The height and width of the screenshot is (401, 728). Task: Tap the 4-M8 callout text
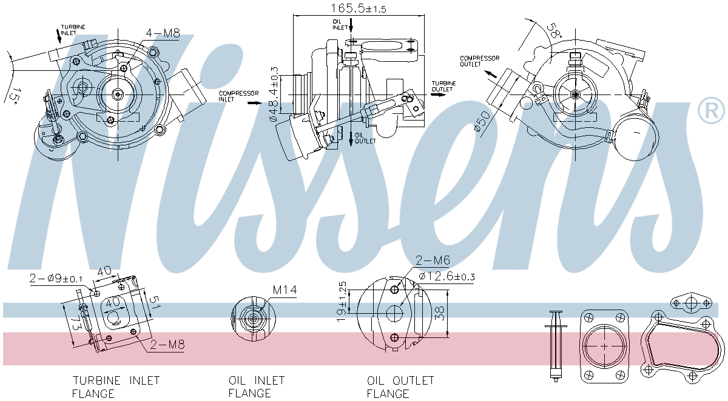click(163, 34)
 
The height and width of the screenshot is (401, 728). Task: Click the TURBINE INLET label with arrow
click(73, 30)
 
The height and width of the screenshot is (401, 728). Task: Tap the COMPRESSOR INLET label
click(238, 96)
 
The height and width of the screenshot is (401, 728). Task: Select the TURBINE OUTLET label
click(443, 85)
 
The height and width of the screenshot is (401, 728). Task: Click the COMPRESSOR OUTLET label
click(479, 61)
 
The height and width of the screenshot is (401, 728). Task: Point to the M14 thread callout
click(284, 290)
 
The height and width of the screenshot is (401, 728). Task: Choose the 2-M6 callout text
click(433, 260)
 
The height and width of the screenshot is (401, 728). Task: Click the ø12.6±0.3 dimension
click(445, 277)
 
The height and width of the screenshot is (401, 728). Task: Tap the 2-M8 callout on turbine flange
click(167, 345)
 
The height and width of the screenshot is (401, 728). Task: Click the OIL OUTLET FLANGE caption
click(400, 387)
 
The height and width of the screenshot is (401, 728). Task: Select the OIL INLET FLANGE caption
click(257, 387)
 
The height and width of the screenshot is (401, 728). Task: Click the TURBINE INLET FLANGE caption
click(116, 387)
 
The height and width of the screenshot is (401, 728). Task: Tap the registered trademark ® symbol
click(711, 110)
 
